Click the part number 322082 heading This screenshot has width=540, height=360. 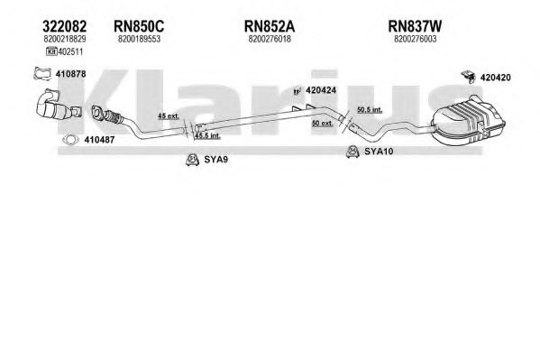pyautogui.click(x=64, y=26)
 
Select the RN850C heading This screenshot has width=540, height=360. pyautogui.click(x=139, y=26)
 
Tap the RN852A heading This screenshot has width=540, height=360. pyautogui.click(x=270, y=26)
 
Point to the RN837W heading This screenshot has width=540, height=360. pyautogui.click(x=415, y=26)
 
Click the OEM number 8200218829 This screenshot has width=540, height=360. pyautogui.click(x=65, y=39)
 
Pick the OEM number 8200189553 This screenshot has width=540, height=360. pyautogui.click(x=139, y=39)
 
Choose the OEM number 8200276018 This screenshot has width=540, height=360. pyautogui.click(x=270, y=39)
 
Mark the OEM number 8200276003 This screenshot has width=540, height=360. pyautogui.click(x=416, y=39)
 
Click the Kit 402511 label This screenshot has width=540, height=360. pyautogui.click(x=64, y=52)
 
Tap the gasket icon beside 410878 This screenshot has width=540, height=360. pyautogui.click(x=42, y=74)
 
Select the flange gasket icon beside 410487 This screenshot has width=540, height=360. pyautogui.click(x=70, y=140)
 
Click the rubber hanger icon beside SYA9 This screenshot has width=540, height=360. pyautogui.click(x=192, y=160)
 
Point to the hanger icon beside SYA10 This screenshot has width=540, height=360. pyautogui.click(x=352, y=152)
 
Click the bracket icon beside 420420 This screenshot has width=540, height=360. pyautogui.click(x=469, y=77)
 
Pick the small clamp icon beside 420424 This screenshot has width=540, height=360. pyautogui.click(x=297, y=90)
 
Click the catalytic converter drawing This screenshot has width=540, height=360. pyautogui.click(x=59, y=106)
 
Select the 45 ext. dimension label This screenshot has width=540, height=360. pyautogui.click(x=169, y=115)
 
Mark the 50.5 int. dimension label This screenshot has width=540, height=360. pyautogui.click(x=370, y=110)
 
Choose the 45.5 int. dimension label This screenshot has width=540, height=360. pyautogui.click(x=207, y=136)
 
